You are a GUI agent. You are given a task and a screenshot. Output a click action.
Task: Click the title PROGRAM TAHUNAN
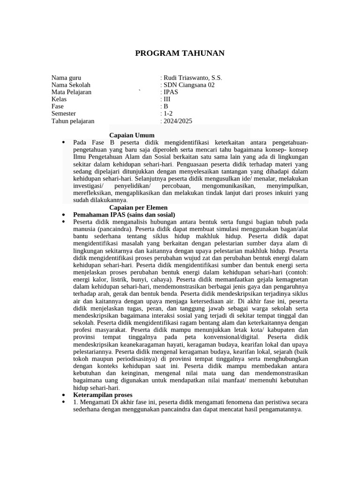click(180, 53)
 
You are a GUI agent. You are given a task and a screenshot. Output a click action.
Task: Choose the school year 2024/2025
click(177, 121)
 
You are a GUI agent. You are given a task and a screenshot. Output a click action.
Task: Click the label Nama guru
click(66, 78)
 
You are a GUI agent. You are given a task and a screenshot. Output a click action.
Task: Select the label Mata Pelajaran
click(71, 92)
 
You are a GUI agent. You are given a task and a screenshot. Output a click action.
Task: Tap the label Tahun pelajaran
click(73, 121)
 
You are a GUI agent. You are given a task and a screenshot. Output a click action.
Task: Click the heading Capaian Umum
click(132, 135)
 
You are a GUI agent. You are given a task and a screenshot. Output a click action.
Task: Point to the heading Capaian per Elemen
click(138, 207)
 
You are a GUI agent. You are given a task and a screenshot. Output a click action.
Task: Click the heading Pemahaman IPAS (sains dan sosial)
click(124, 214)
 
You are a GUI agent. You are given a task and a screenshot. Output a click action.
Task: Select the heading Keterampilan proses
click(103, 395)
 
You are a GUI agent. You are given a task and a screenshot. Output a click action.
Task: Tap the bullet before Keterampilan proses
click(63, 395)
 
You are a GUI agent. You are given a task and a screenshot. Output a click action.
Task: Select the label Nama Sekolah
click(70, 85)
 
